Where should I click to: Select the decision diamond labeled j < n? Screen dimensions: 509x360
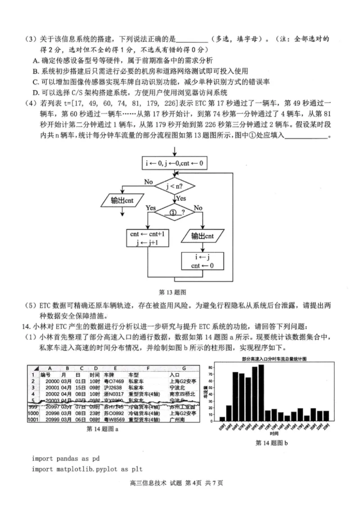point(174,185)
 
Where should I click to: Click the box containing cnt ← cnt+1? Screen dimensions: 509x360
point(148,238)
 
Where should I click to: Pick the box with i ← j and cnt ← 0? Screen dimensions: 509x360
point(202,261)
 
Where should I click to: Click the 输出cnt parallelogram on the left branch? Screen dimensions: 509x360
point(121,200)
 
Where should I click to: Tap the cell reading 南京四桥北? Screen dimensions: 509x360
point(182,394)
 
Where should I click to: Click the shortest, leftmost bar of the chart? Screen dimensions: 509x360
point(222,419)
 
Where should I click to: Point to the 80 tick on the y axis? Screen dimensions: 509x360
point(211,368)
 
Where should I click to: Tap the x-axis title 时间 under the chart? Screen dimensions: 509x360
point(274,433)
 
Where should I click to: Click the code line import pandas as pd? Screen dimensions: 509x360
point(65,459)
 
